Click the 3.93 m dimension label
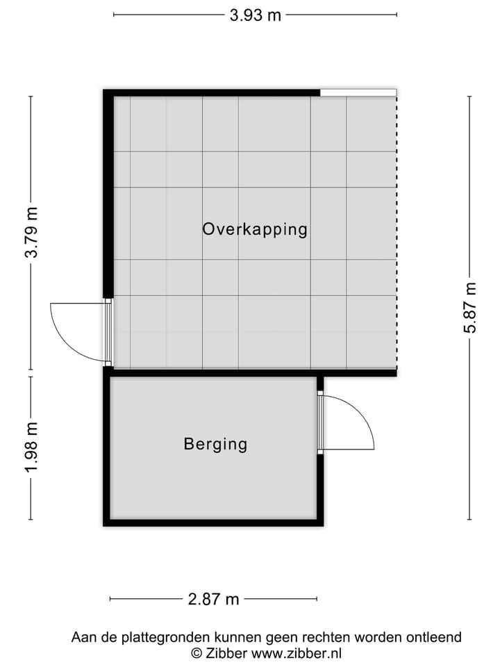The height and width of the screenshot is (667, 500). [255, 15]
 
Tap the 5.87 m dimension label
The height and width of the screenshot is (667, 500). [470, 308]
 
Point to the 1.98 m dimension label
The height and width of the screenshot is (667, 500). [31, 448]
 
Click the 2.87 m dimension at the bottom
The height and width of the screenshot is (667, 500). [213, 599]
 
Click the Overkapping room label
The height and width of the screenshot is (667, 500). [254, 229]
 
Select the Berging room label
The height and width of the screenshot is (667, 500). [215, 444]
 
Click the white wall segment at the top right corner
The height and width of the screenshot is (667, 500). [358, 92]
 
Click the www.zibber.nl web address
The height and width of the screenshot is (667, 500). [297, 653]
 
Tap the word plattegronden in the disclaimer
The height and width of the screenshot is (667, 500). [167, 637]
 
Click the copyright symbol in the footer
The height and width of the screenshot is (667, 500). [197, 653]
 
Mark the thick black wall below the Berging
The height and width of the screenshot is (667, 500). [213, 522]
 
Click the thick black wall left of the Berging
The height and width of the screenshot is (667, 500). [107, 448]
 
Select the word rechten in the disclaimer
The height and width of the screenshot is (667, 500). [329, 637]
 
